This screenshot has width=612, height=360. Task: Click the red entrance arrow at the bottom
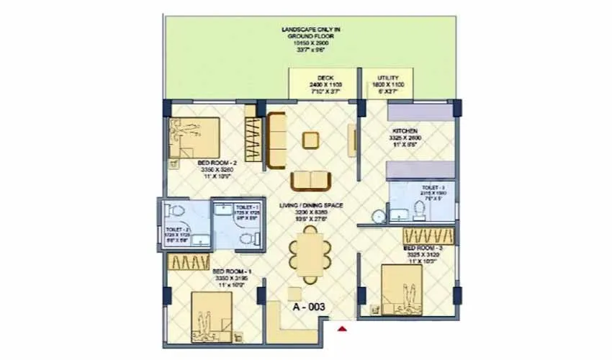pyautogui.click(x=343, y=329)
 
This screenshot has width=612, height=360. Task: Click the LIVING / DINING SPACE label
pyautogui.click(x=311, y=206)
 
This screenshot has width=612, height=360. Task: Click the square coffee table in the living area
pyautogui.click(x=311, y=139)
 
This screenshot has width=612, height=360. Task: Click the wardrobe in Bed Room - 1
pyautogui.click(x=189, y=262)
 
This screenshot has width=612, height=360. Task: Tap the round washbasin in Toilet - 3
pyautogui.click(x=379, y=215)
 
